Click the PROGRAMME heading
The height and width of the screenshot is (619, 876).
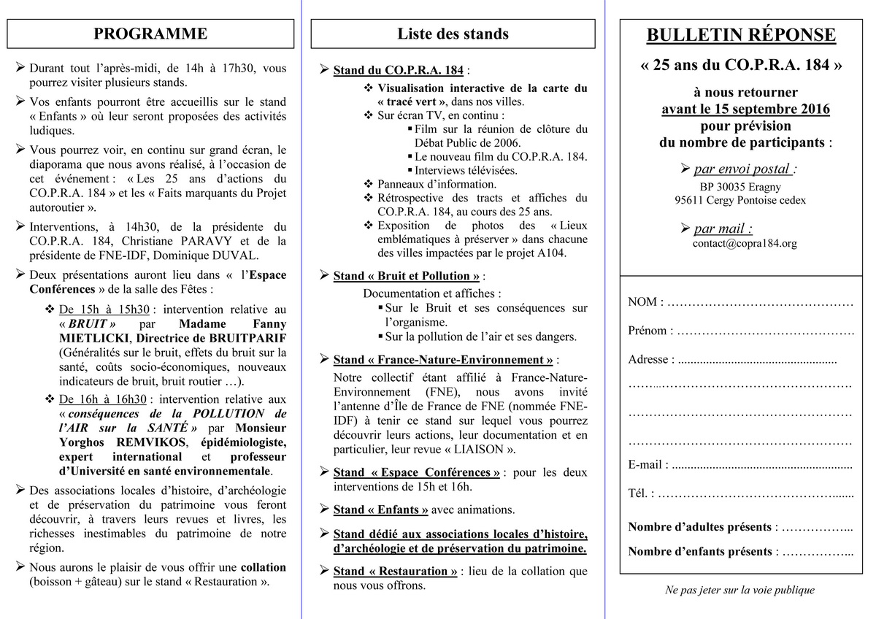(x=150, y=34)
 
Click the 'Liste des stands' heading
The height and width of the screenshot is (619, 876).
(x=453, y=34)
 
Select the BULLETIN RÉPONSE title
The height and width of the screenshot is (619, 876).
(x=741, y=35)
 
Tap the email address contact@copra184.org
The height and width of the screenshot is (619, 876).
(x=745, y=244)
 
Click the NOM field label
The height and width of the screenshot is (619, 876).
(x=645, y=301)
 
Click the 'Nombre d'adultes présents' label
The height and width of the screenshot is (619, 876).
(x=699, y=527)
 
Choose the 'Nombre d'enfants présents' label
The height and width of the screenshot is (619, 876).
(x=699, y=552)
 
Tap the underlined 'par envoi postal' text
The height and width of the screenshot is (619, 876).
(x=743, y=169)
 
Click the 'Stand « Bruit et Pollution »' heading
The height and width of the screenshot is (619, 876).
(x=407, y=276)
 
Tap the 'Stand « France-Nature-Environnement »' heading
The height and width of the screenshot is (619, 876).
(x=443, y=360)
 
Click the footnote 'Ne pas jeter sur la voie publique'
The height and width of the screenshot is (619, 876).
(x=739, y=590)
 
